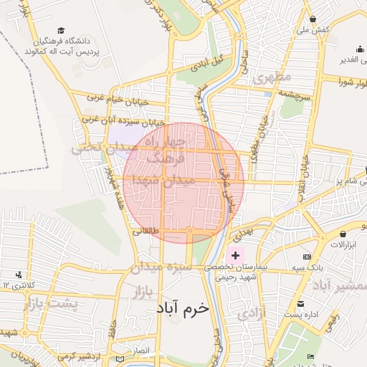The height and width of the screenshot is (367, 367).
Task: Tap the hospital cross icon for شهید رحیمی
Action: [x=235, y=255]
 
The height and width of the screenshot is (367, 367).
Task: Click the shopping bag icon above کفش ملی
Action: [x=313, y=19]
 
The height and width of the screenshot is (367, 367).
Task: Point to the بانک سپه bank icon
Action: [x=307, y=256]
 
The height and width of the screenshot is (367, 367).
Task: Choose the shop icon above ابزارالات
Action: [x=343, y=234]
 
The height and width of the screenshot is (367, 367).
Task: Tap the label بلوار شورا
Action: [x=347, y=80]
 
